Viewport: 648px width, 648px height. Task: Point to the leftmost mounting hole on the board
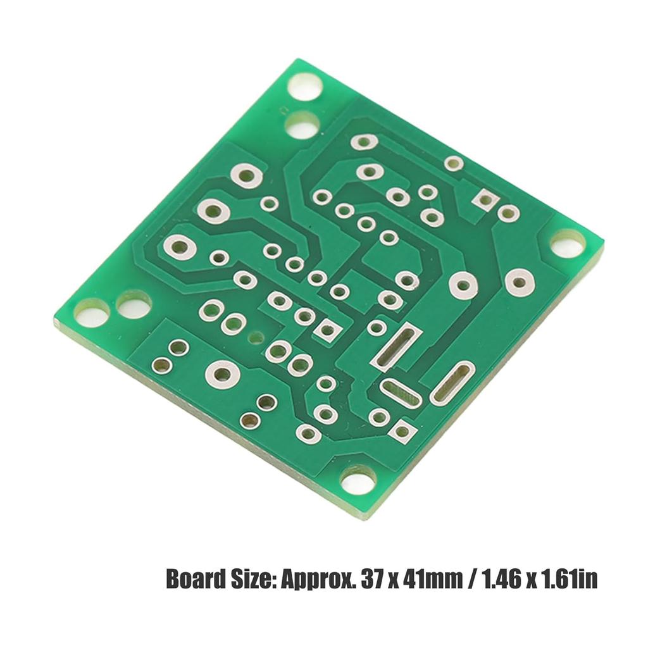[x=92, y=313]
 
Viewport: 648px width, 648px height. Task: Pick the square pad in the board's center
[x=327, y=329]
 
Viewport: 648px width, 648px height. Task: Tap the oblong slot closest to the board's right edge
[x=452, y=382]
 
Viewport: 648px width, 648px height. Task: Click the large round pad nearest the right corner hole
[x=519, y=282]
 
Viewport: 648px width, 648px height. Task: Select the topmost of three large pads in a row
[x=246, y=175]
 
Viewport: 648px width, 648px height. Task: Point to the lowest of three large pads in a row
[x=180, y=246]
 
